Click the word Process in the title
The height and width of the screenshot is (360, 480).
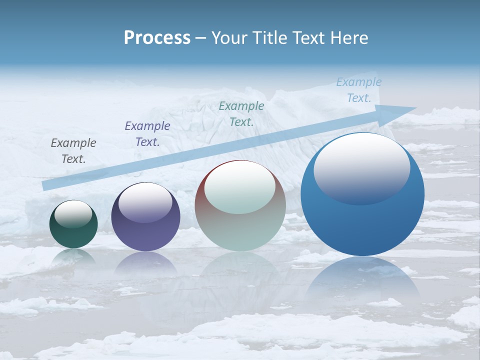click(157, 38)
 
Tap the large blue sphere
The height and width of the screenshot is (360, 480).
click(362, 225)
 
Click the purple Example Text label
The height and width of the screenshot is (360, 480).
click(147, 134)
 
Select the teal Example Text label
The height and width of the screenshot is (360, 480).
click(241, 114)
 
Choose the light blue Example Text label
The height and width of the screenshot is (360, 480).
click(359, 90)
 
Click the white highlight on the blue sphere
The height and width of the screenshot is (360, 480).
click(361, 167)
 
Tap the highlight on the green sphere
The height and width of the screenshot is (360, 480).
click(73, 214)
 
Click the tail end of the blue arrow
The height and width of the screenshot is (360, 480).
click(47, 185)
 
